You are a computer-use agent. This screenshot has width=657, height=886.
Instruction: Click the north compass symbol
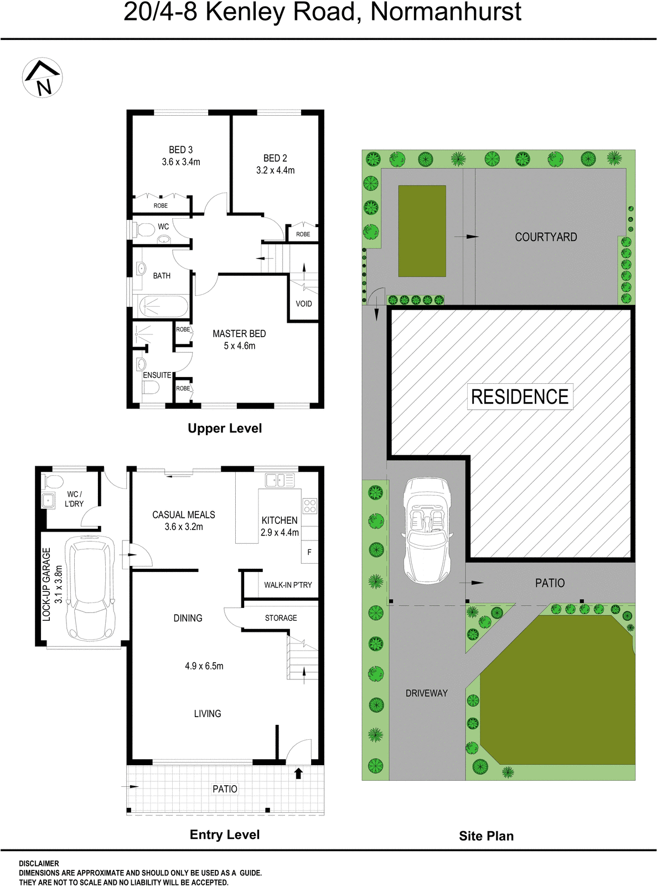[x=42, y=78]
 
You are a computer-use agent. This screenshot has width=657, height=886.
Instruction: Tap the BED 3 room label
[x=180, y=150]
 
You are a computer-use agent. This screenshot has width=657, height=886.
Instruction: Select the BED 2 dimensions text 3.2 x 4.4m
[x=275, y=171]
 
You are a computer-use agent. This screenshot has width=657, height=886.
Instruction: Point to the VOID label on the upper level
[x=304, y=303]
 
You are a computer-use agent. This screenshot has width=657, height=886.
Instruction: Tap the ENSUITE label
[x=157, y=375]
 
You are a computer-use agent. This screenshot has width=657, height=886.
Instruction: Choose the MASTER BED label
[x=239, y=334]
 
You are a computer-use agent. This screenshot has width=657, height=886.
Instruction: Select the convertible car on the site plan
[x=427, y=530]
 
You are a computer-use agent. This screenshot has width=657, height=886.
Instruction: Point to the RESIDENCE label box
[x=520, y=396]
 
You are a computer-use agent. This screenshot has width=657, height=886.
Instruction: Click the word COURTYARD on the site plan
[x=546, y=237]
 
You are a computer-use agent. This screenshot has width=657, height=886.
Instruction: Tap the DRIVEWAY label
[x=426, y=693]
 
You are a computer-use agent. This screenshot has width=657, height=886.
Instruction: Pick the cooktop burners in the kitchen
[x=309, y=506]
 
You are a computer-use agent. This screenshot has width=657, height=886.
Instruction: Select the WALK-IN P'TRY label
[x=288, y=585]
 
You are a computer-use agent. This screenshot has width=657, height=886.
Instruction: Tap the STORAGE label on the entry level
[x=281, y=618]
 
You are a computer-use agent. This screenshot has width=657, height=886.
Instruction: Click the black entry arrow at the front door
[x=298, y=773]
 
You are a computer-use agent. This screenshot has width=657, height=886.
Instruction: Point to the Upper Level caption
[x=225, y=428]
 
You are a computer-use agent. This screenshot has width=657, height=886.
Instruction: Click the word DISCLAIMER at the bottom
[x=39, y=863]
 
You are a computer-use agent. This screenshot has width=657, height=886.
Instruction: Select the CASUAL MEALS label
[x=184, y=515]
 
